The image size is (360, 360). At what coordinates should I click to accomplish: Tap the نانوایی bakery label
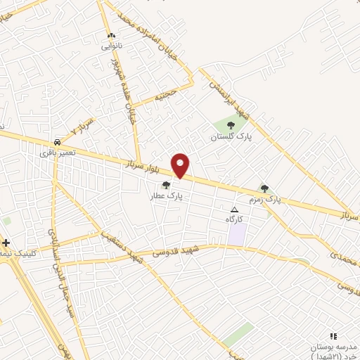pyautogui.click(x=111, y=46)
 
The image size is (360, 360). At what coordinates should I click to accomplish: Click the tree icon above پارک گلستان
pyautogui.click(x=231, y=125)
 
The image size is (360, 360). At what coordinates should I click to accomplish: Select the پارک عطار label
pyautogui.click(x=166, y=197)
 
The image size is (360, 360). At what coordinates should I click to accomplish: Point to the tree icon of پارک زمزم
pyautogui.click(x=264, y=188)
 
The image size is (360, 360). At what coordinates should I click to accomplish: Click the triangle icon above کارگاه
pyautogui.click(x=235, y=210)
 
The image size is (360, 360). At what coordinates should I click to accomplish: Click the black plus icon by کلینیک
pyautogui.click(x=6, y=243)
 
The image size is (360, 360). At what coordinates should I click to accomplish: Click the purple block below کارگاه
pyautogui.click(x=238, y=234)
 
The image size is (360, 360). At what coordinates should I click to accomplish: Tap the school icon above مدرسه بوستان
pyautogui.click(x=333, y=337)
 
